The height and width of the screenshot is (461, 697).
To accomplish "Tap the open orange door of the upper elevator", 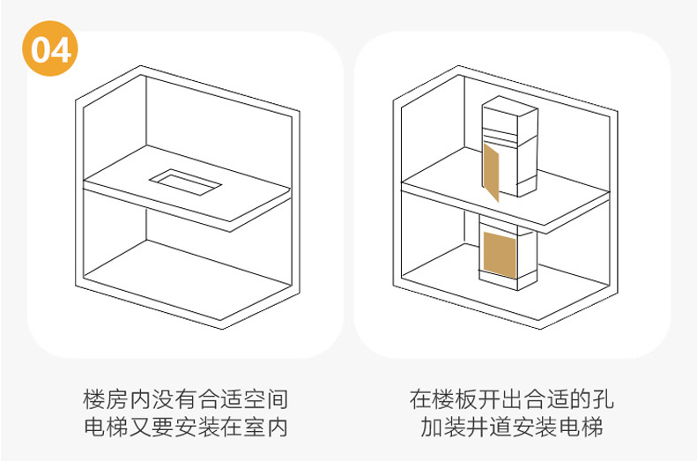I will (x=491, y=172).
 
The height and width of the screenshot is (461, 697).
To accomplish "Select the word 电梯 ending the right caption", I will (x=583, y=428).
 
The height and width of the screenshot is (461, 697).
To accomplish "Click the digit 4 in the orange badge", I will (x=61, y=49).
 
